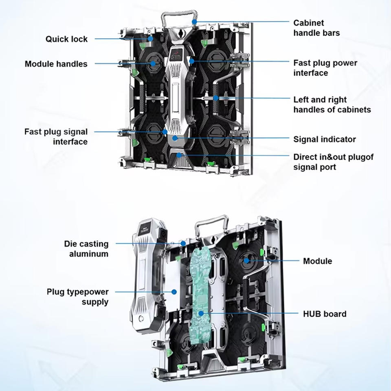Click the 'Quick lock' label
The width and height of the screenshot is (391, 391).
pyautogui.click(x=66, y=39)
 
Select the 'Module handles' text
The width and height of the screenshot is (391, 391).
pyautogui.click(x=56, y=64)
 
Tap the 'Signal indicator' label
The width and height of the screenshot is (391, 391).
pyautogui.click(x=325, y=139)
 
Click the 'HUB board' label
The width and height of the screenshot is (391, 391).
pyautogui.click(x=325, y=314)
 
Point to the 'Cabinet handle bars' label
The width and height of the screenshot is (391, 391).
pyautogui.click(x=316, y=28)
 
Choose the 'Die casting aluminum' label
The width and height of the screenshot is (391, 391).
pyautogui.click(x=86, y=248)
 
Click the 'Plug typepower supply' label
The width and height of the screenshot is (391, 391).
pyautogui.click(x=77, y=297)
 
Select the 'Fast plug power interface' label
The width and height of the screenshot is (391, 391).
pyautogui.click(x=325, y=68)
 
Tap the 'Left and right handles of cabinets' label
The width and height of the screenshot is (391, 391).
pyautogui.click(x=332, y=105)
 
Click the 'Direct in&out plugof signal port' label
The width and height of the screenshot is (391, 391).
pyautogui.click(x=334, y=162)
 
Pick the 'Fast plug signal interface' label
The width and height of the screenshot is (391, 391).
pyautogui.click(x=56, y=137)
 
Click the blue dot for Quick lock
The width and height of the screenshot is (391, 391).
pyautogui.click(x=150, y=39)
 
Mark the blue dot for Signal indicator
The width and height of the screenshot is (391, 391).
pyautogui.click(x=175, y=138)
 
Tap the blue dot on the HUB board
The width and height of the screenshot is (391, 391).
pyautogui.click(x=201, y=313)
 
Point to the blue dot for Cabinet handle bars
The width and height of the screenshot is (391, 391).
pyautogui.click(x=195, y=22)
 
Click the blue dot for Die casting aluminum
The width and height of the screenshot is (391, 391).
pyautogui.click(x=183, y=243)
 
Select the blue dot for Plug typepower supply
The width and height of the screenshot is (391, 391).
pyautogui.click(x=174, y=292)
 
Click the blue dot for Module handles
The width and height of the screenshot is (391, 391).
pyautogui.click(x=153, y=64)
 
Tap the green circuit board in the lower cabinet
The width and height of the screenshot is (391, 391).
pyautogui.click(x=201, y=297)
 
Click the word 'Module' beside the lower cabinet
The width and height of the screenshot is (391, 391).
pyautogui.click(x=317, y=261)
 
